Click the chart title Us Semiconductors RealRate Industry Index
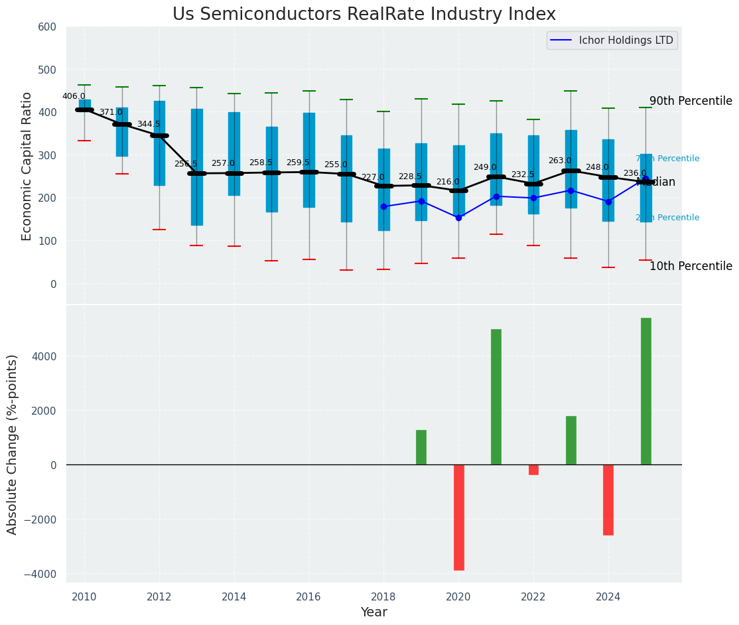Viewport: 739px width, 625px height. [x=364, y=15]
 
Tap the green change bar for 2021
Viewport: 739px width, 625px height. [x=496, y=397]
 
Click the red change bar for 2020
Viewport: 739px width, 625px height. [x=458, y=517]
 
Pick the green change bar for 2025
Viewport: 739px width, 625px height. [x=645, y=391]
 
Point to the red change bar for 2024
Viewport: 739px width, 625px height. [x=608, y=500]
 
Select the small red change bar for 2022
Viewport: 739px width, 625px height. [x=533, y=470]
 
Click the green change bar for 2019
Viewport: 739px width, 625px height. [x=421, y=447]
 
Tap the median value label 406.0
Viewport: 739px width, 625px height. [x=74, y=96]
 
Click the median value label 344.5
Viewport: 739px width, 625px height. [x=149, y=124]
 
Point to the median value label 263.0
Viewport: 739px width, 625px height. [x=560, y=161]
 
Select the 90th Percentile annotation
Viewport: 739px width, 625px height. [x=691, y=101]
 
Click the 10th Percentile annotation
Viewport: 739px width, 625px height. [x=691, y=266]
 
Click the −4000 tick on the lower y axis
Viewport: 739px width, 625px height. [x=41, y=574]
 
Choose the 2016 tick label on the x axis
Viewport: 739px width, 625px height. [x=309, y=597]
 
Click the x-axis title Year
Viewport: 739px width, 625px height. [x=373, y=612]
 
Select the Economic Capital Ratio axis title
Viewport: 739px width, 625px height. [x=27, y=165]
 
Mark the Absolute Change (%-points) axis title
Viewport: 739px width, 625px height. [x=13, y=444]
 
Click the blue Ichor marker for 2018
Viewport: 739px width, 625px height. [x=383, y=207]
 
